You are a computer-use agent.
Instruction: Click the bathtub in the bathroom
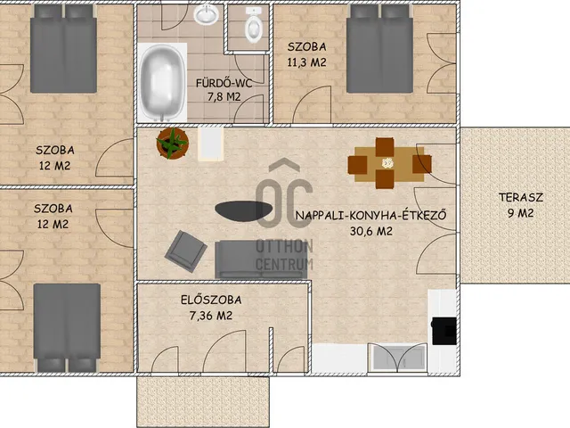click(x=162, y=83)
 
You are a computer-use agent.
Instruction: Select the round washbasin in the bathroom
click(x=206, y=14)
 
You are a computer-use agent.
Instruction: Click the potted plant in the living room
click(x=172, y=143)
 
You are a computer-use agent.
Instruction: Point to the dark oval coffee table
click(x=243, y=210)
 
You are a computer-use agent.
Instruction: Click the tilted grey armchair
click(x=186, y=251)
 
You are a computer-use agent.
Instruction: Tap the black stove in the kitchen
click(x=444, y=331)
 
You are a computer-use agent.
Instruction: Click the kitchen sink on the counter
click(x=397, y=357)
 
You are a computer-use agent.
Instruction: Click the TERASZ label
click(x=520, y=197)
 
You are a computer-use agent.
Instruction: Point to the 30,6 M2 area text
click(x=371, y=231)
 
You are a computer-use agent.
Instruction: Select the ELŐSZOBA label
click(x=211, y=300)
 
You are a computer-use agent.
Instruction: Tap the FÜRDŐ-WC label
click(x=224, y=83)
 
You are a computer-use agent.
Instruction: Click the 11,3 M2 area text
click(x=306, y=62)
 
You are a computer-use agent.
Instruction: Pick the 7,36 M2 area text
click(x=211, y=316)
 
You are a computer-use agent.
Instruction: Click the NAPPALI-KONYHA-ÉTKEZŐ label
click(x=370, y=215)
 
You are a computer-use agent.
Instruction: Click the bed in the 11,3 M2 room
click(x=379, y=49)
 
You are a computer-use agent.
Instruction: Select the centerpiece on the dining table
click(x=388, y=162)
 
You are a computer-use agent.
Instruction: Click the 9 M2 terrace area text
click(x=520, y=213)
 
